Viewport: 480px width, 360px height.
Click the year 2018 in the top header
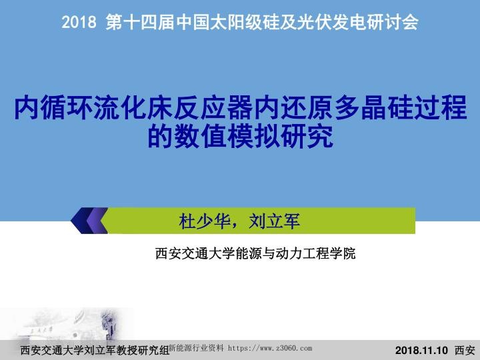pos(80,23)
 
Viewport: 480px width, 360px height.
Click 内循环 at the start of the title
pos(47,107)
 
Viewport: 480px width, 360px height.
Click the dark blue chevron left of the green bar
pos(89,221)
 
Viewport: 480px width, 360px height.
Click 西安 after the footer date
pos(465,350)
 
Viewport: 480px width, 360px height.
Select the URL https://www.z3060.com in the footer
pos(270,348)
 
